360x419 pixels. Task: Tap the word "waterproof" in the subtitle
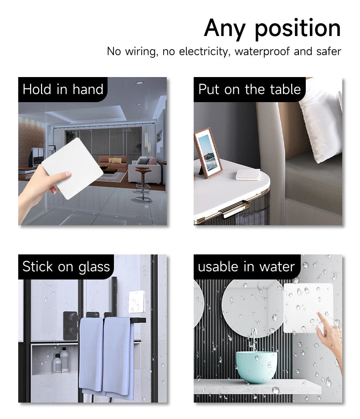(262, 51)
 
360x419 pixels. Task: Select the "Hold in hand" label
(63, 89)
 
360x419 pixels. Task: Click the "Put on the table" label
(249, 89)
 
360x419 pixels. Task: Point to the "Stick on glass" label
(66, 266)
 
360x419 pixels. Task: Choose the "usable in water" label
(246, 266)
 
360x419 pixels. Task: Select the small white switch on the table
(248, 174)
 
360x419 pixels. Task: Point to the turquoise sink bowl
(256, 366)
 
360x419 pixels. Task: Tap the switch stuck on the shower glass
(137, 302)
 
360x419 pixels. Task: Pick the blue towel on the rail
(106, 355)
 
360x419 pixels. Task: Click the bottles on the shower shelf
(61, 361)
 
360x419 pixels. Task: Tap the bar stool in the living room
(143, 183)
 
